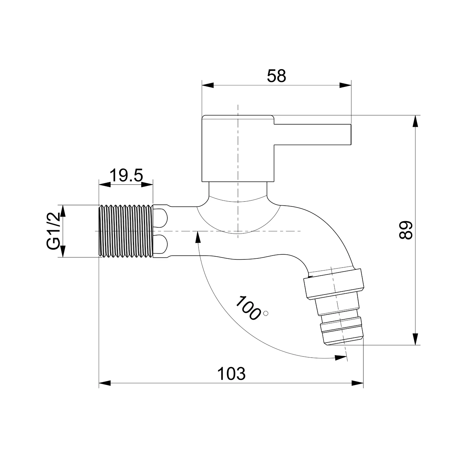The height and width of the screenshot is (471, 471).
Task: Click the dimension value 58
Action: coord(277,76)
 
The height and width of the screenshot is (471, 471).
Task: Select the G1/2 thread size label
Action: coord(53,231)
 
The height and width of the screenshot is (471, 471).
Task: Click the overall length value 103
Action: coord(231,374)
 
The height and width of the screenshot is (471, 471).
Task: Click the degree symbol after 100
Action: coord(267,313)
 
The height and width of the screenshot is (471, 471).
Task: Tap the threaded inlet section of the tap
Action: coord(126,231)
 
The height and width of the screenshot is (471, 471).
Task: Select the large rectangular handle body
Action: coord(238,149)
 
